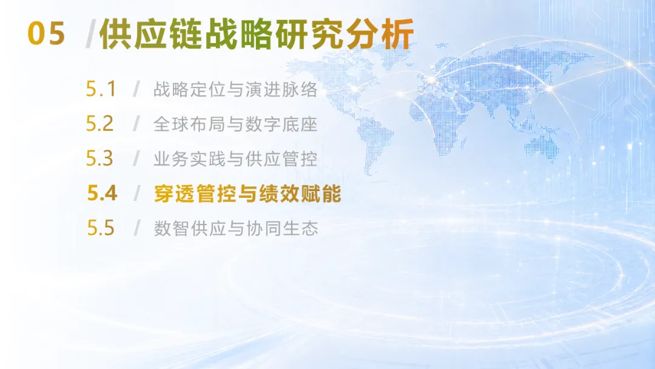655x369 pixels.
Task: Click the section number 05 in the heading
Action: click(x=46, y=34)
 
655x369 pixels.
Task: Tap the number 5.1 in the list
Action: click(x=101, y=89)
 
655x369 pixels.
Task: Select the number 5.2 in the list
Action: click(x=100, y=124)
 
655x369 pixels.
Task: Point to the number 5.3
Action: click(x=100, y=158)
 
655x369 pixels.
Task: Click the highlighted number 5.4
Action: click(x=102, y=193)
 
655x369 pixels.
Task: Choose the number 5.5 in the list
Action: click(x=101, y=228)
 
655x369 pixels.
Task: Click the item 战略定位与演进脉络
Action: click(x=235, y=89)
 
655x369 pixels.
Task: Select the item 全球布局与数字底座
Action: click(x=235, y=124)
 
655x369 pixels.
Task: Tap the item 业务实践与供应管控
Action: click(x=235, y=159)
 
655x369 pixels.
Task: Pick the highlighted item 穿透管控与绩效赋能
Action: click(x=247, y=194)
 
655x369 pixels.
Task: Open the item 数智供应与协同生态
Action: click(x=236, y=228)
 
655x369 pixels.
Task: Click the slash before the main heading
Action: click(x=90, y=34)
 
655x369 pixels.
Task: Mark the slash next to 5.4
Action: click(x=136, y=193)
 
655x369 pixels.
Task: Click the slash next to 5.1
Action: click(x=136, y=89)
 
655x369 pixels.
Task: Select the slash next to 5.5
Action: click(x=136, y=228)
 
